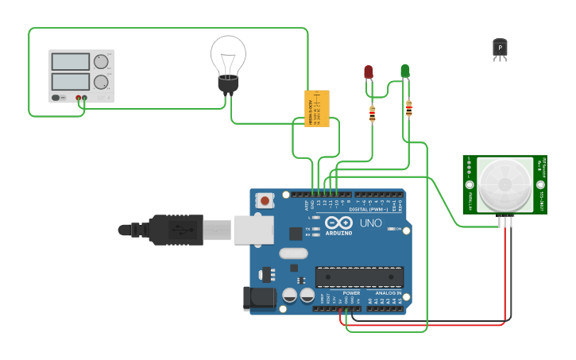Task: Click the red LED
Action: click(x=369, y=72)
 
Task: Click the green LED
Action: click(x=405, y=72)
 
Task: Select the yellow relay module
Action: click(x=316, y=108)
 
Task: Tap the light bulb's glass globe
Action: click(x=228, y=53)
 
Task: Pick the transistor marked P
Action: click(x=500, y=48)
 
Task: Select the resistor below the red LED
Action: click(x=372, y=114)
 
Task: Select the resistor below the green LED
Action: click(x=408, y=108)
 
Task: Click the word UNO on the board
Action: click(x=371, y=224)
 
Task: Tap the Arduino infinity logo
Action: click(x=338, y=224)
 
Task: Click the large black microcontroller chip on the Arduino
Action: click(x=359, y=277)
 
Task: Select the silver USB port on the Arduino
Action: click(x=253, y=230)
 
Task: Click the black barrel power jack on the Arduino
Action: click(x=259, y=299)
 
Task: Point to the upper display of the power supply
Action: click(x=71, y=62)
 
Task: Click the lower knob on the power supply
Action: click(x=101, y=82)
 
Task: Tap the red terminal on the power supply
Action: click(x=79, y=99)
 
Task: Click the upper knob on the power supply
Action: click(x=101, y=61)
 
